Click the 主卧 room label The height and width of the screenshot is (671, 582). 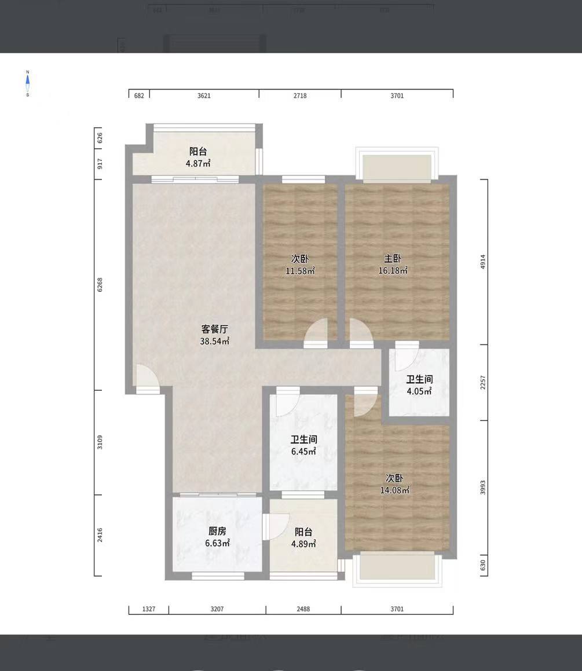coord(393,259)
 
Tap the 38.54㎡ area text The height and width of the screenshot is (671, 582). coord(215,342)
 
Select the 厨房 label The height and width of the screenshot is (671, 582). coord(217,531)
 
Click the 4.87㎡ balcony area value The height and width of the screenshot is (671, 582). coord(198,164)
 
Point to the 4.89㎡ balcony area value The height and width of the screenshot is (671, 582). coord(303,544)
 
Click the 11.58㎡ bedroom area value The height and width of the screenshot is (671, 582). coord(299,271)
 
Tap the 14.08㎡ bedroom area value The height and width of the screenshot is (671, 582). coord(394,490)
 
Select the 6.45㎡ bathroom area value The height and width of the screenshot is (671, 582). coord(303,452)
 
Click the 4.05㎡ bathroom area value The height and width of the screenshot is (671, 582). coord(419,391)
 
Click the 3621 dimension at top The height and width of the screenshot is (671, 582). coord(204,96)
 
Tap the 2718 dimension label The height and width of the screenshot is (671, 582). coord(299,96)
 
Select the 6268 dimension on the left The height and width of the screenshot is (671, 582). coord(100,284)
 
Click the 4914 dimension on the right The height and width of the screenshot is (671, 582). coord(483,261)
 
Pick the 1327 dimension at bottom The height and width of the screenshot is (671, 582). coord(149,609)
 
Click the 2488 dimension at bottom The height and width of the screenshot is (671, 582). coord(303,609)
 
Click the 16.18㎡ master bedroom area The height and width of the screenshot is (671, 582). coord(394,271)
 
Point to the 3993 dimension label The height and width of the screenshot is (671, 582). coord(483,487)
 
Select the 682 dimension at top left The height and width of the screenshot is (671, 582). coord(139,96)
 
